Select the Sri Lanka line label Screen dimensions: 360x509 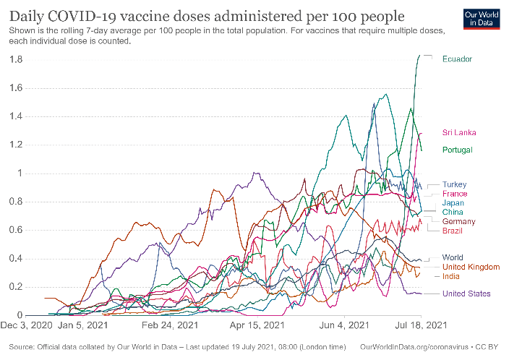pos(459,132)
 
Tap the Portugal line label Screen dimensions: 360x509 pos(458,150)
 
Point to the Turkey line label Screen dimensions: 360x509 pos(455,184)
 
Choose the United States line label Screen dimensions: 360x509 pos(466,293)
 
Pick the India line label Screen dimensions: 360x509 pos(451,276)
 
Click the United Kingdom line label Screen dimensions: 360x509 pos(471,267)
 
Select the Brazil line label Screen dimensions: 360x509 pos(453,230)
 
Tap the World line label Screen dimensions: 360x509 pos(453,257)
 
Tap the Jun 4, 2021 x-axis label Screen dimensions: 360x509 pos(343,327)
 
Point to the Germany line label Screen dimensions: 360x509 pos(458,221)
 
